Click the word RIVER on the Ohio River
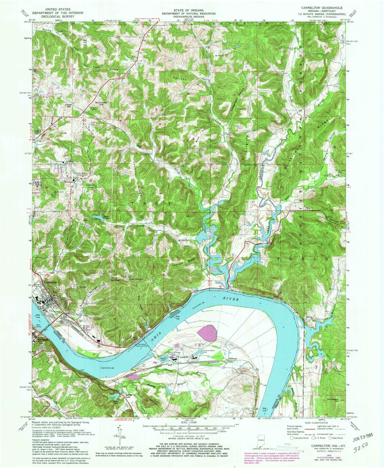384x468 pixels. point(230,299)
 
